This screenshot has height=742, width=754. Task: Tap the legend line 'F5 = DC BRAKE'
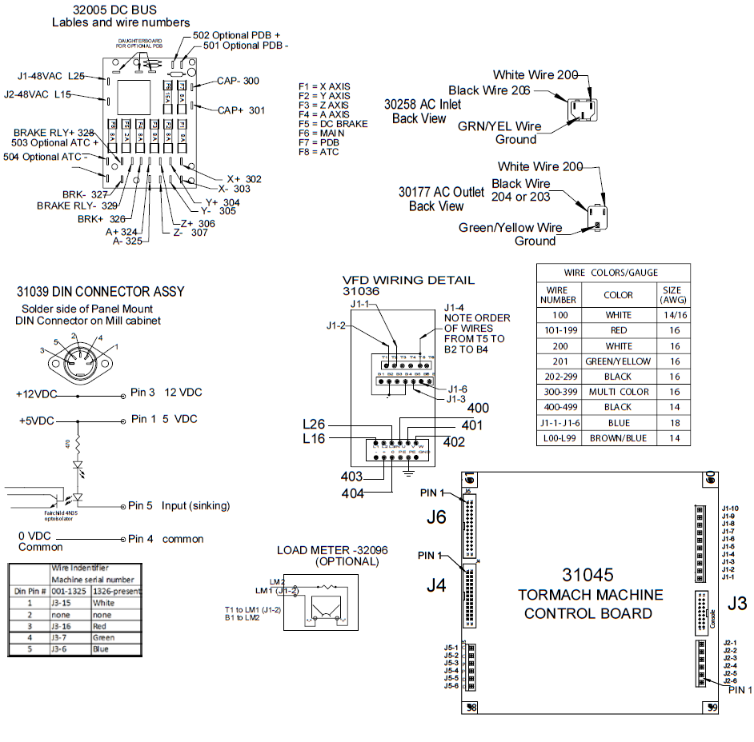(x=332, y=124)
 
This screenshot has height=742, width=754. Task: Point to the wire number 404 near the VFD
(x=352, y=493)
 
